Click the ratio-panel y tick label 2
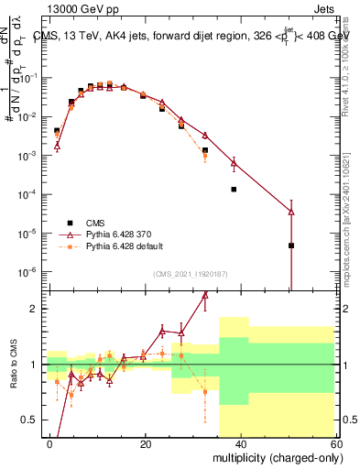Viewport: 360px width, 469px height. click(x=36, y=309)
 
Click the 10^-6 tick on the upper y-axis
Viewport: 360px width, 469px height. click(x=32, y=272)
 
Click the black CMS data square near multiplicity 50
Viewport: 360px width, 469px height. click(x=290, y=245)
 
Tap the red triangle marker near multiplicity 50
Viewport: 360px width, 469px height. click(x=290, y=212)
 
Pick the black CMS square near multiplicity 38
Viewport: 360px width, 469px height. click(x=234, y=190)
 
